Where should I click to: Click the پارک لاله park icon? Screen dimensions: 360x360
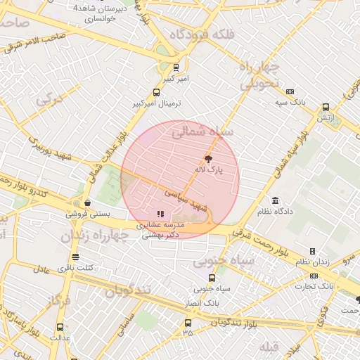(x=207, y=159)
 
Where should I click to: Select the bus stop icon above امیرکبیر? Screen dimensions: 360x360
(x=176, y=68)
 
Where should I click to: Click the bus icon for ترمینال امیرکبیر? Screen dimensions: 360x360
(x=156, y=92)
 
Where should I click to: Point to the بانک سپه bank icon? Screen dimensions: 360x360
(x=291, y=91)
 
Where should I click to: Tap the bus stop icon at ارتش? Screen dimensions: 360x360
(x=326, y=108)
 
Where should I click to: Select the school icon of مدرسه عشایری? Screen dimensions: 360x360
(x=160, y=214)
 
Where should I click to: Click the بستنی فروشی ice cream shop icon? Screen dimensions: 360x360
(x=86, y=202)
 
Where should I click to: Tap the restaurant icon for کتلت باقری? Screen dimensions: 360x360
(x=75, y=257)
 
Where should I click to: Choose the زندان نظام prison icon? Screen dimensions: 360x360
(x=312, y=251)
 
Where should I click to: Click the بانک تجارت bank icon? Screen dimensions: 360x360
(x=314, y=276)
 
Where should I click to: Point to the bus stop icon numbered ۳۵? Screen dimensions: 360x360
(x=187, y=323)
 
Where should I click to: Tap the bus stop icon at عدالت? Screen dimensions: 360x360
(x=59, y=327)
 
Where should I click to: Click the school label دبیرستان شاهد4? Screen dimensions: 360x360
(x=105, y=9)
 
